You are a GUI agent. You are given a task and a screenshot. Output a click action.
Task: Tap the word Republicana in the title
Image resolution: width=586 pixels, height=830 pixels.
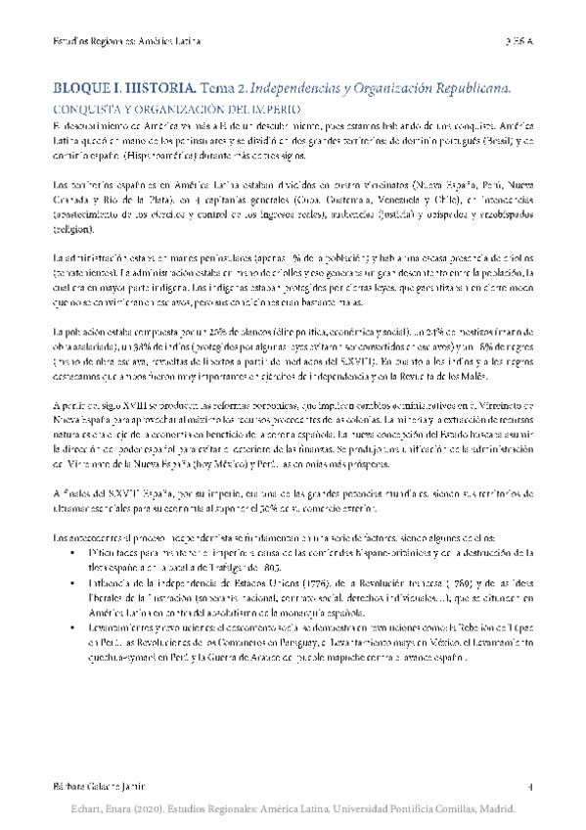pos(467,88)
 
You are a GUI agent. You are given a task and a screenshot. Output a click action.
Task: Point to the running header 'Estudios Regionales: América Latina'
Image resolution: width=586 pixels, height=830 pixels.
pos(126,42)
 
